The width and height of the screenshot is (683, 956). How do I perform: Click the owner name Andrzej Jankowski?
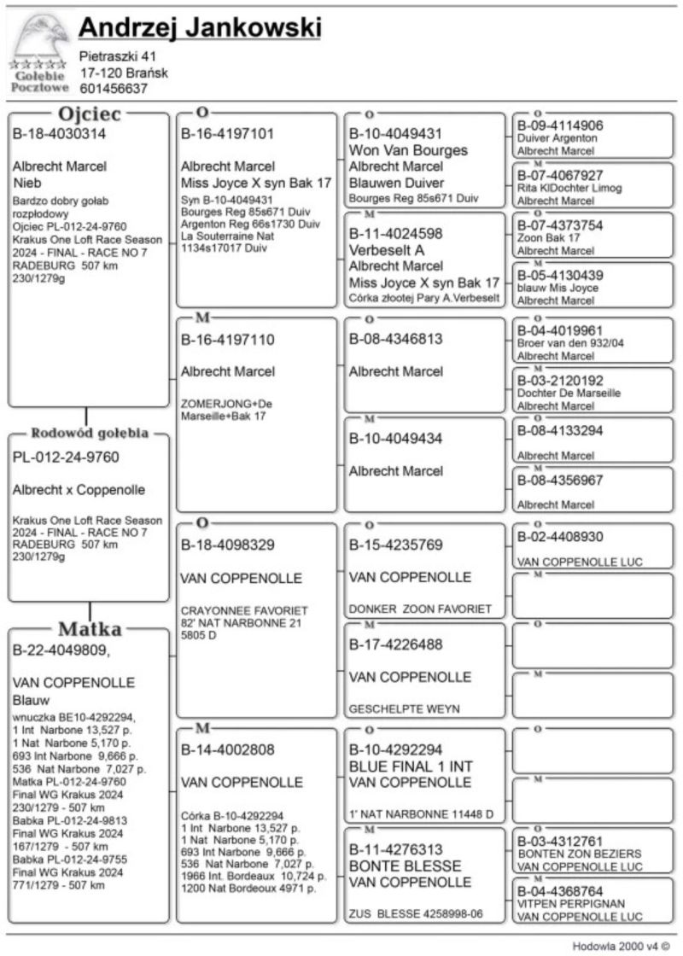pos(200,29)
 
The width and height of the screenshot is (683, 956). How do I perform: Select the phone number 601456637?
pos(114,88)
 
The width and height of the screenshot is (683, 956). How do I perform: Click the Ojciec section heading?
pos(89,114)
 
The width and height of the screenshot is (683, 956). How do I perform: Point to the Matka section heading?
pos(89,630)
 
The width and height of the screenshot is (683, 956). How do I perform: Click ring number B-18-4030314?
pos(59,134)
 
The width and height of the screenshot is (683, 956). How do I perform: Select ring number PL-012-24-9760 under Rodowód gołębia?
pos(66,457)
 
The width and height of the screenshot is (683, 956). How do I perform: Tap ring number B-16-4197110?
pos(227,340)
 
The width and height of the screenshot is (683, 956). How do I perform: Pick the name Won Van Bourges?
pos(408,150)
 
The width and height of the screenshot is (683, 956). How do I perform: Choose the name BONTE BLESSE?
pos(393,866)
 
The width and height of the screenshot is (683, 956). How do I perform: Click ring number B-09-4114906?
pos(560,125)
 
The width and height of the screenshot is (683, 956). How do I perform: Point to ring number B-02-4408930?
pos(560,537)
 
